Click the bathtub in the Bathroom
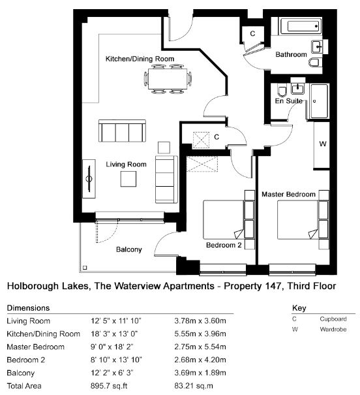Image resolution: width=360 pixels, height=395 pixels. click(x=301, y=26)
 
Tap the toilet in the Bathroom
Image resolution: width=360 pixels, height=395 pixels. click(x=315, y=63)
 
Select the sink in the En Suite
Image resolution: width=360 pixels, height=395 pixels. click(x=297, y=88)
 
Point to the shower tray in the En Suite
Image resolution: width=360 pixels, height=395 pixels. click(x=319, y=101)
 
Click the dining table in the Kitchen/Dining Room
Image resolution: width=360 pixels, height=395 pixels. click(x=168, y=78)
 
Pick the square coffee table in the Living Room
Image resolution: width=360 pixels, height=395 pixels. click(x=128, y=179)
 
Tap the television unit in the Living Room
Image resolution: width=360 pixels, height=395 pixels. click(x=89, y=179)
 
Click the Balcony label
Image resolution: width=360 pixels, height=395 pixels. click(x=129, y=249)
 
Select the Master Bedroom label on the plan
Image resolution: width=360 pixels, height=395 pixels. click(x=288, y=194)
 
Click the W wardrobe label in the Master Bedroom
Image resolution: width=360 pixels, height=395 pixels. click(x=323, y=144)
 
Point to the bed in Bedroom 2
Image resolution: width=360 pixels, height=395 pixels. click(x=224, y=219)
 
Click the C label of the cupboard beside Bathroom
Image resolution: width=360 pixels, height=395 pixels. click(x=252, y=33)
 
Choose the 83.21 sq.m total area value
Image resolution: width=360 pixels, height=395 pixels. click(x=194, y=386)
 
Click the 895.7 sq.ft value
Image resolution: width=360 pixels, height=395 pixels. click(x=109, y=386)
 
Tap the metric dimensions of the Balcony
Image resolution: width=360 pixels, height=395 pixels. click(x=200, y=373)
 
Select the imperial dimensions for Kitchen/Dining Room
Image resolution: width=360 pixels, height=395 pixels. click(x=114, y=334)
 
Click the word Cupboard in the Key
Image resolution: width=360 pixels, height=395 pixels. click(x=333, y=319)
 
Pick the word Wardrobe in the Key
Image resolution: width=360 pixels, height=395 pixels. click(x=333, y=329)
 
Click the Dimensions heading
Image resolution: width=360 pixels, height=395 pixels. click(x=28, y=308)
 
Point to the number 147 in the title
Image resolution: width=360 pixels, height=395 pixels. click(x=273, y=286)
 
